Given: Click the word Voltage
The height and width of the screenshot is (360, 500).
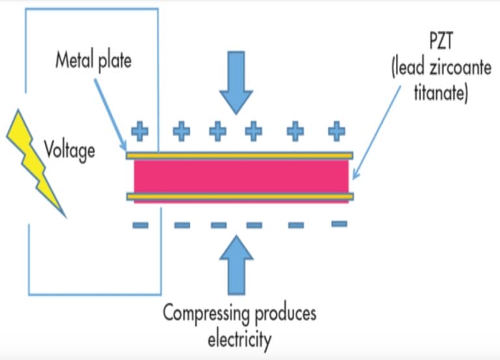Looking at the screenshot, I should pos(69,150).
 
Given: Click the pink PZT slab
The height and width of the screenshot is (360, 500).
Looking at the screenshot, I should pos(241,175).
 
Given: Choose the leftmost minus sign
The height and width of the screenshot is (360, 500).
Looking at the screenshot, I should pos(140,225).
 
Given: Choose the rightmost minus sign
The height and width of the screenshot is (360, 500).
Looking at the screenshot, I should pos(339,224).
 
